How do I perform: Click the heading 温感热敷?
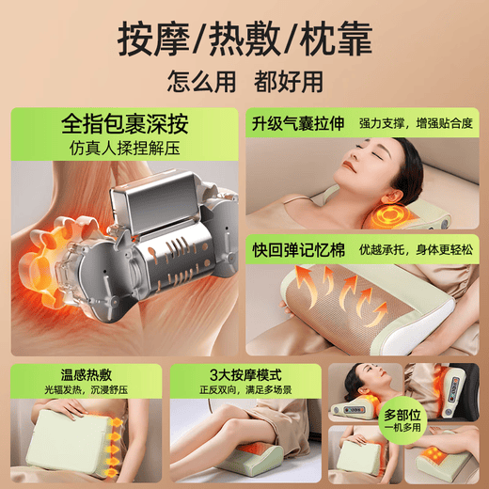click(55, 373)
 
